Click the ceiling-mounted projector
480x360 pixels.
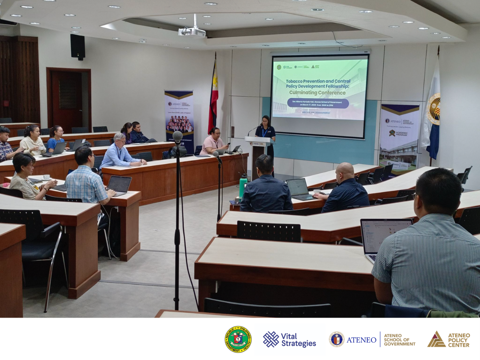[192, 32]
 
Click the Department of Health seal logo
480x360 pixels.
[238, 339]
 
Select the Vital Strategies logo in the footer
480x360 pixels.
[290, 340]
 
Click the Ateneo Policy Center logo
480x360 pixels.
[449, 340]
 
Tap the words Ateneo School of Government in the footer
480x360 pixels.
[399, 340]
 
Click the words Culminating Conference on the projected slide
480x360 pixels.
[317, 93]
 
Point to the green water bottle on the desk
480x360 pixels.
[243, 186]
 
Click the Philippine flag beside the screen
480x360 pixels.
[214, 99]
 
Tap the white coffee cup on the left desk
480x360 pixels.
[46, 177]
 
